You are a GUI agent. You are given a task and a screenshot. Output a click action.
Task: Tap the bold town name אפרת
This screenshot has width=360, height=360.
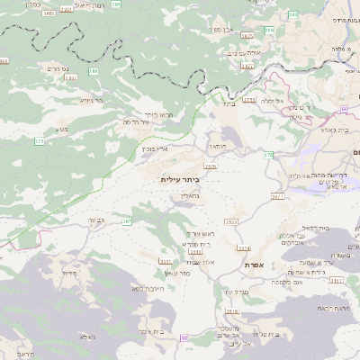coord(252,265)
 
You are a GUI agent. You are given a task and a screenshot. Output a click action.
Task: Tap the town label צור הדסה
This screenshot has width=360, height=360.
coord(136,122)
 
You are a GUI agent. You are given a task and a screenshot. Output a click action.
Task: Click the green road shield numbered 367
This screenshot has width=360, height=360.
coord(127,220)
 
